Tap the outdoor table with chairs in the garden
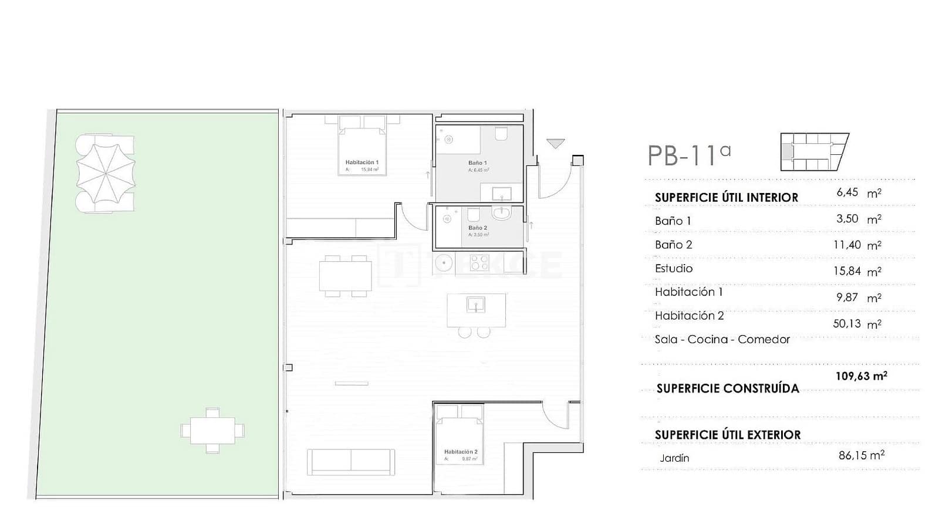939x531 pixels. point(212,431)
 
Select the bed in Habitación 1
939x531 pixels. point(362,151)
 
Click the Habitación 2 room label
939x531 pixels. point(461,452)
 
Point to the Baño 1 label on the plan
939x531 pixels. point(477,163)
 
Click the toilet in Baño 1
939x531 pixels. point(501,135)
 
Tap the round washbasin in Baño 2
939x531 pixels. point(502,212)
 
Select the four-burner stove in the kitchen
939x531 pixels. point(479,263)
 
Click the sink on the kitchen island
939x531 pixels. point(475,305)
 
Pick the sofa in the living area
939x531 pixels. point(351,462)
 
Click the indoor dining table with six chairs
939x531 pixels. point(346,275)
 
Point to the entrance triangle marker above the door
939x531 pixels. point(555,143)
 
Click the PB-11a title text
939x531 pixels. point(689,156)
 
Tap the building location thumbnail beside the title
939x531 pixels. point(814,152)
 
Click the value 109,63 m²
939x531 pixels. point(861,376)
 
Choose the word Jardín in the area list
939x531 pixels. point(674,458)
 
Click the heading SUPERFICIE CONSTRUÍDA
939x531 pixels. point(727,388)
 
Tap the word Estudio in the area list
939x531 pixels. point(674,268)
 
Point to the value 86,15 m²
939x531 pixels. point(861,455)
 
